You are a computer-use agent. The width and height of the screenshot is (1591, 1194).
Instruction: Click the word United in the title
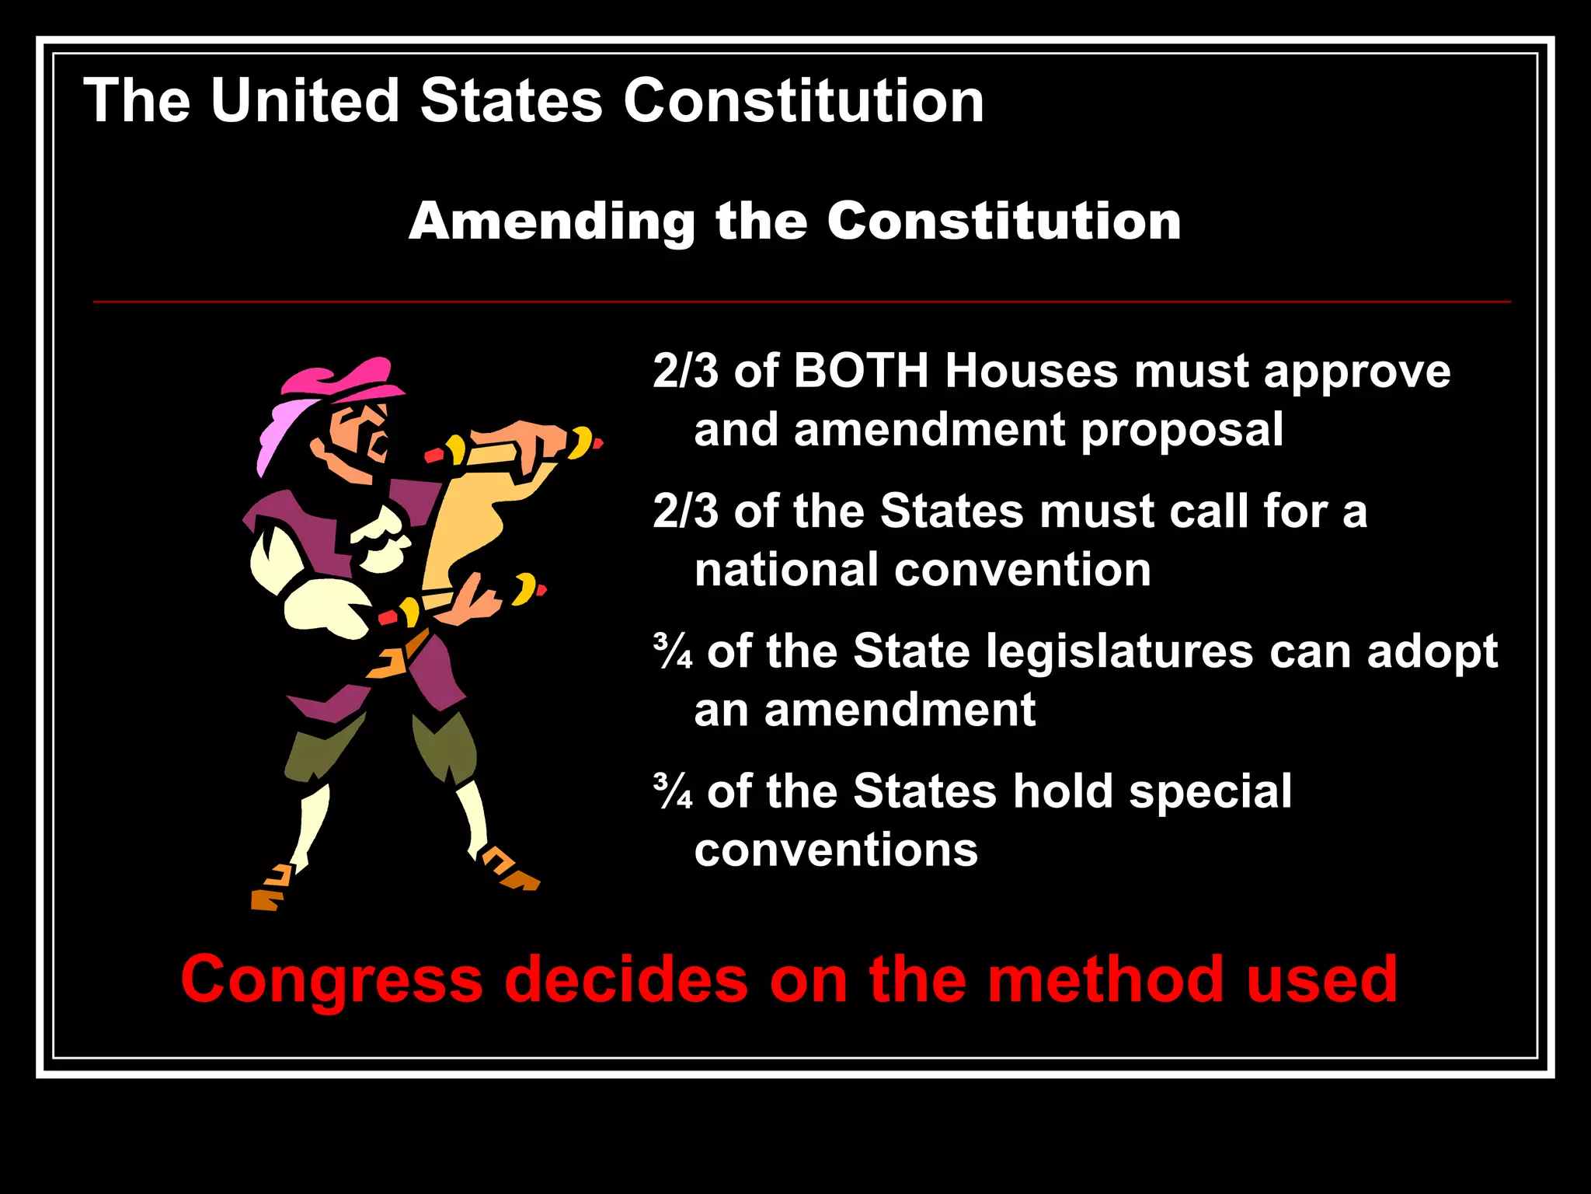point(305,101)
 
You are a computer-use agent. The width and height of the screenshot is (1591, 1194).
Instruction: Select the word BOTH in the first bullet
point(861,371)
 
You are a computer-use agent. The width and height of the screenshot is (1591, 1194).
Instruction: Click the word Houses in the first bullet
point(1032,371)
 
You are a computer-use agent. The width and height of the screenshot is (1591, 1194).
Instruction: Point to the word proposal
point(1182,431)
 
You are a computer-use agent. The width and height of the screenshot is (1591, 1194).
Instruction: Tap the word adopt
point(1432,653)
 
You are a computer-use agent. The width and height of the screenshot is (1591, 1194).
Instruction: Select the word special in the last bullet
point(1210,793)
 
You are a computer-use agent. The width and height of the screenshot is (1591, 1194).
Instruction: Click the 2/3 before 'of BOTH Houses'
point(685,371)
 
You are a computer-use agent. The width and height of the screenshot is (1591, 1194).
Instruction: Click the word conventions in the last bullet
point(836,850)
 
